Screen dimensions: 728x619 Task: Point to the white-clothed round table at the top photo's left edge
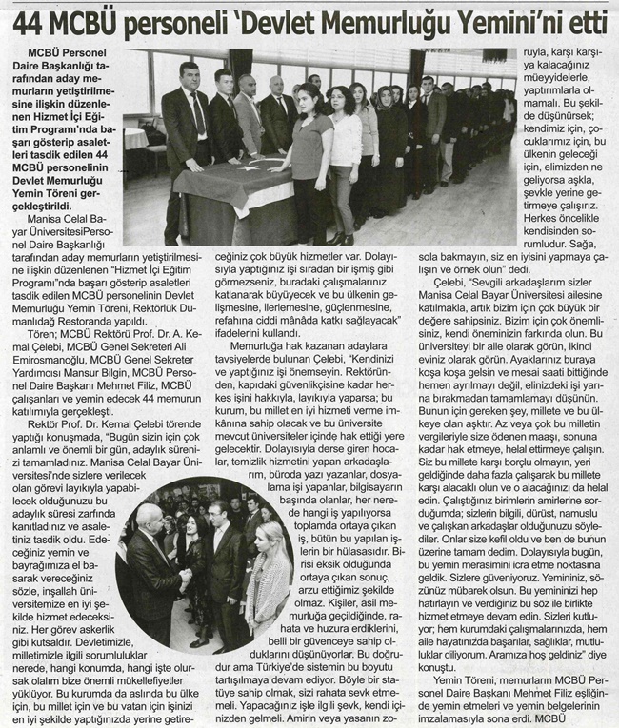point(135,138)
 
